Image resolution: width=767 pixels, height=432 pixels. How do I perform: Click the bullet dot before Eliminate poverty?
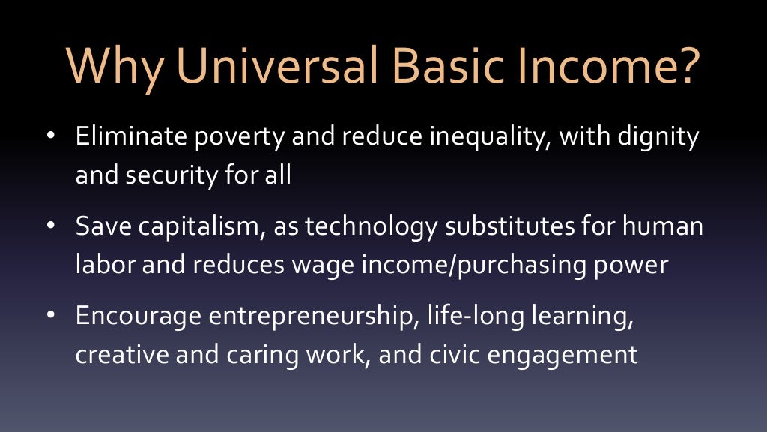(51, 138)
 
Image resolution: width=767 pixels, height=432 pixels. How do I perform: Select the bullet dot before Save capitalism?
(51, 226)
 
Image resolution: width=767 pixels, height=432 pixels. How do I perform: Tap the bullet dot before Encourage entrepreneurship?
(51, 314)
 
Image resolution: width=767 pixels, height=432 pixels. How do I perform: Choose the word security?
(171, 177)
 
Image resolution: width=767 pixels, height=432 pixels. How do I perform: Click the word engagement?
(575, 354)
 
